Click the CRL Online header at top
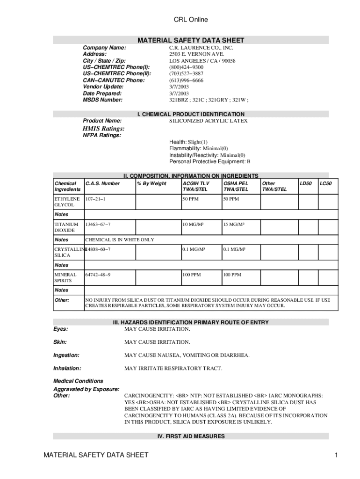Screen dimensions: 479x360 pos(191,20)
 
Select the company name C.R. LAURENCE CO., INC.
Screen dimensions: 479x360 pos(201,48)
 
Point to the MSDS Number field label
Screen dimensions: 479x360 pos(102,100)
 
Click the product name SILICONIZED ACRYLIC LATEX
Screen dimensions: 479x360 pos(208,121)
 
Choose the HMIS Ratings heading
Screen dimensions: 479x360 pos(103,128)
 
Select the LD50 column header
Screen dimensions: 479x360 pos(306,184)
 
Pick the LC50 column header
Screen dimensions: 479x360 pos(325,184)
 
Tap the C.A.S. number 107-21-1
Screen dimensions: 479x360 pos(95,199)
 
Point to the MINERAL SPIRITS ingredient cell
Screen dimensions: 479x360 pos(66,278)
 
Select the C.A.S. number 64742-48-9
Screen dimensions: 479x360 pos(98,275)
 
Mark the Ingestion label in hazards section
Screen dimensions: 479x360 pos(66,356)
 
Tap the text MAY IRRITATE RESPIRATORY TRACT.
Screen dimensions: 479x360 pos(173,369)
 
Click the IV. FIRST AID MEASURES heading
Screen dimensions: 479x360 pos(191,436)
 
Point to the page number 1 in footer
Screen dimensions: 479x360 pos(336,455)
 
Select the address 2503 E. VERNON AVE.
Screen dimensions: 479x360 pos(191,54)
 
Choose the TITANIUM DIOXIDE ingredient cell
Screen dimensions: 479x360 pos(65,227)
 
